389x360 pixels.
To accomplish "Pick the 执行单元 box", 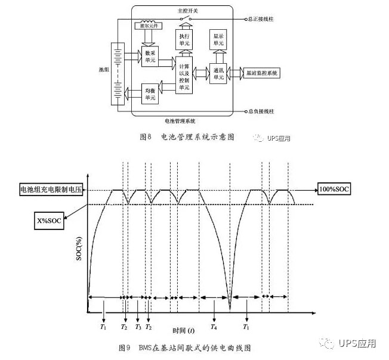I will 184,39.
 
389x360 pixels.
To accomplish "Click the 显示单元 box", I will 217,40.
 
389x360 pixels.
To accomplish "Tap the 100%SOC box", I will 335,190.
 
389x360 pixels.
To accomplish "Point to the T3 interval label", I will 138,327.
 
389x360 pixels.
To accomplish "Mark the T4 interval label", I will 214,327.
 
